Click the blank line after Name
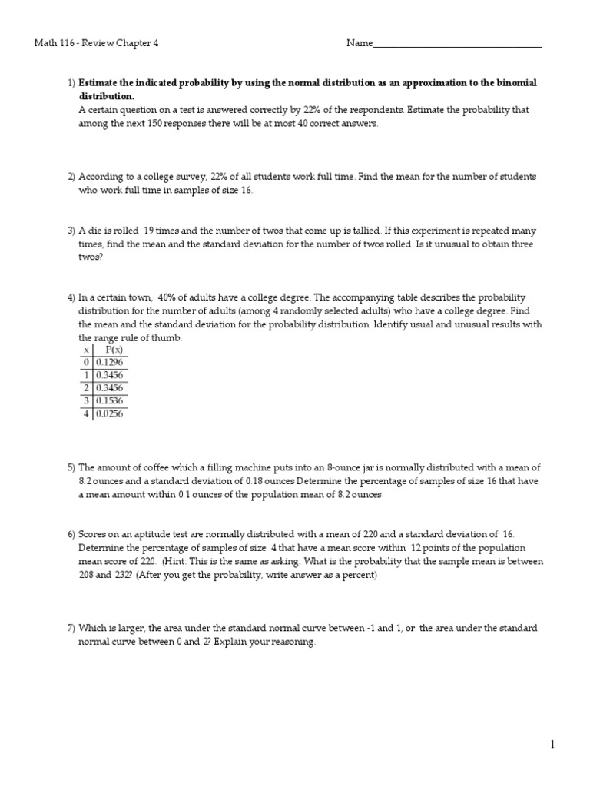pyautogui.click(x=457, y=45)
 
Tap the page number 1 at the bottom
pyautogui.click(x=552, y=744)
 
